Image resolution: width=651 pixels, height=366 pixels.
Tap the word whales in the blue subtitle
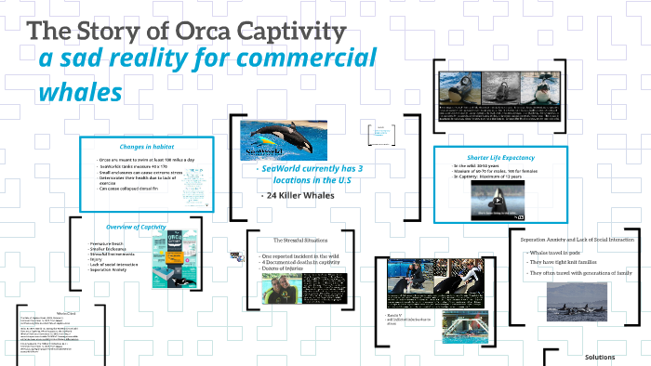coord(81,93)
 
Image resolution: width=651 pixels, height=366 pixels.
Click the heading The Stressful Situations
coord(304,241)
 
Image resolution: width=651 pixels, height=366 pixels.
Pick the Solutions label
coord(600,357)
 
